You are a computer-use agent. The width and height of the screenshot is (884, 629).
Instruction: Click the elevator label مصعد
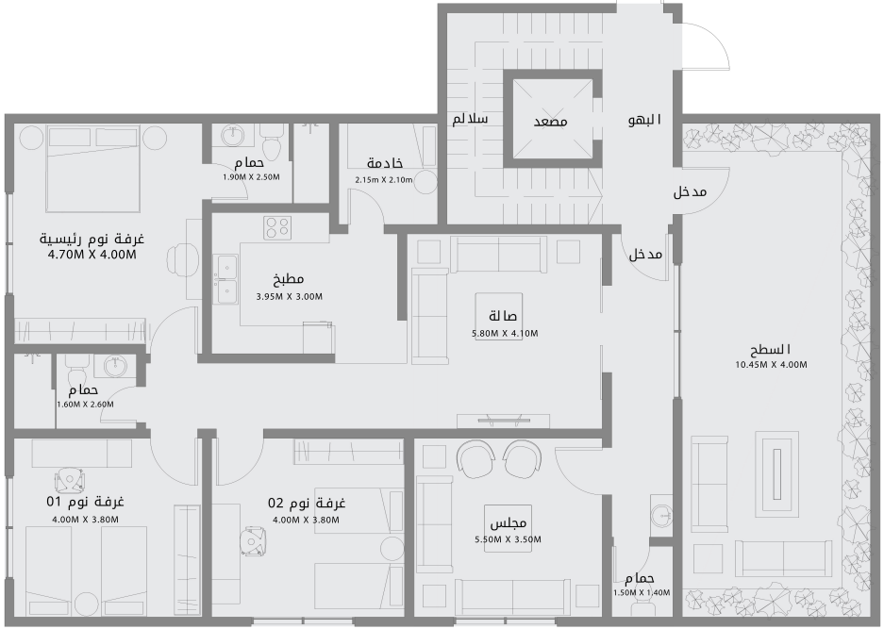point(550,122)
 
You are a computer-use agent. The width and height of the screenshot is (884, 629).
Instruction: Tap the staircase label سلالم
point(470,120)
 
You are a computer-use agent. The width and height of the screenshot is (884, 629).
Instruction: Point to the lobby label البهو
point(644,121)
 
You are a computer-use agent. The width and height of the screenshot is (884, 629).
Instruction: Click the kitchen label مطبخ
point(289,280)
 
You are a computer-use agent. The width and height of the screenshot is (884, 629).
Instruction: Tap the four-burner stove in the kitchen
point(277,226)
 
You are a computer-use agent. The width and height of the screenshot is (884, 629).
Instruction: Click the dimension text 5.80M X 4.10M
point(505,333)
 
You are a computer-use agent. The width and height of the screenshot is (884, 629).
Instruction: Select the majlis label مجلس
point(508,523)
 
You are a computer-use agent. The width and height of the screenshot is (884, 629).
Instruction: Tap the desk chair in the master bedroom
point(182,257)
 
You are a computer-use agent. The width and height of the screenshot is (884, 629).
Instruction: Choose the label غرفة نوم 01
point(86,503)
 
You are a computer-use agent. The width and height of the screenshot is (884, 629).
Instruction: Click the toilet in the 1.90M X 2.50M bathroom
point(272,147)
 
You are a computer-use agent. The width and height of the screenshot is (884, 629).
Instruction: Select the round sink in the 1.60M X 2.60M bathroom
point(116,365)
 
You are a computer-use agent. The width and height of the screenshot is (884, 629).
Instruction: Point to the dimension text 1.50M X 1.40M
point(641,593)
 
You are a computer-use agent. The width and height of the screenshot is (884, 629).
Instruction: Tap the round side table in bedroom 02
point(392,548)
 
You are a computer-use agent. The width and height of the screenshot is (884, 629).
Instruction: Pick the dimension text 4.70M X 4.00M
point(92,254)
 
